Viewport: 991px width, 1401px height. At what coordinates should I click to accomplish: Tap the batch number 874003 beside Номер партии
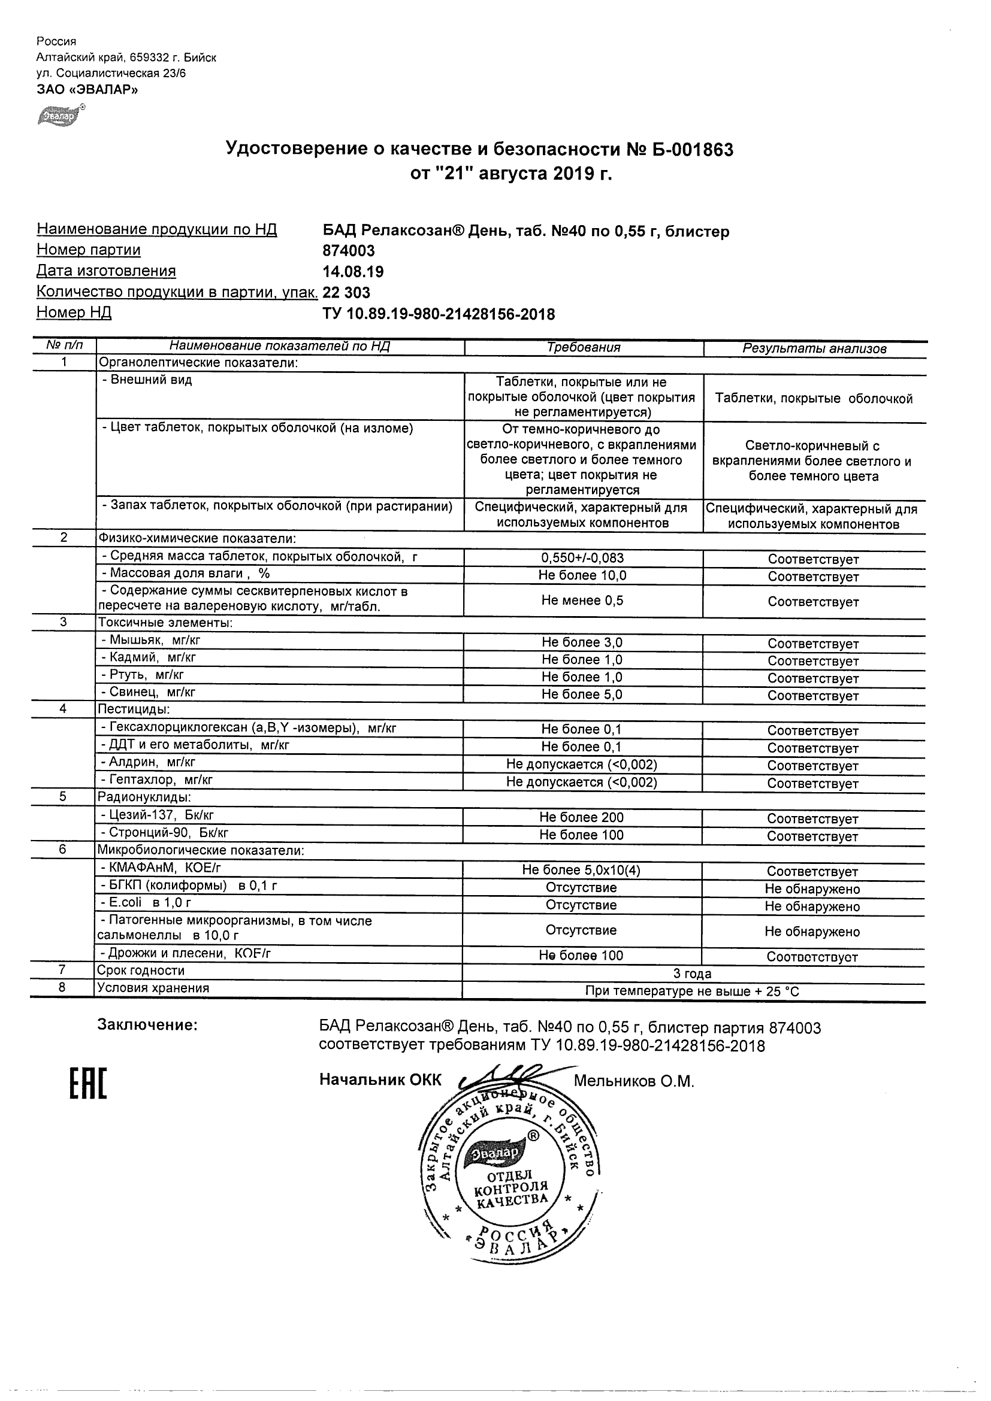click(x=349, y=251)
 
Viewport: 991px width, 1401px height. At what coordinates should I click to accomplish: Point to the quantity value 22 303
click(x=346, y=292)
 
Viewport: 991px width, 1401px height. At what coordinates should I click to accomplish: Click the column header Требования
click(x=583, y=348)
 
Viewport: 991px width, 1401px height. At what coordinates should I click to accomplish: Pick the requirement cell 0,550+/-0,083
click(x=582, y=558)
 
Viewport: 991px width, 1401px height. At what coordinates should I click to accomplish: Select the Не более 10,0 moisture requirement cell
click(x=582, y=575)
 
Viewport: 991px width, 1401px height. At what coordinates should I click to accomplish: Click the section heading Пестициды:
click(x=134, y=709)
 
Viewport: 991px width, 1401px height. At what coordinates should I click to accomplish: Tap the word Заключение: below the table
click(x=148, y=1025)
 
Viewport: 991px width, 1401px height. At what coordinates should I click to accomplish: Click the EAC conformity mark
click(x=88, y=1083)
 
